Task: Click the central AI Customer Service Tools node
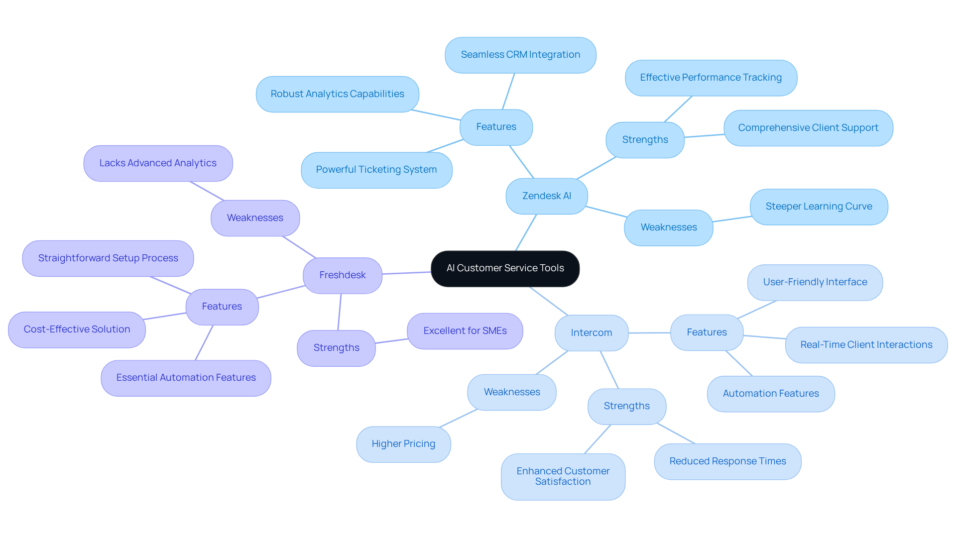click(505, 268)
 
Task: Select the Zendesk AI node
click(546, 196)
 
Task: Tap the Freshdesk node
click(342, 275)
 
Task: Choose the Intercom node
click(591, 332)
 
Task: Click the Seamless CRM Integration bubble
click(520, 55)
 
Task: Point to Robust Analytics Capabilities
click(337, 94)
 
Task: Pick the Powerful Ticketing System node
click(376, 170)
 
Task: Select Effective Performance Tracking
click(711, 78)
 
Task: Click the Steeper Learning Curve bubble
click(819, 207)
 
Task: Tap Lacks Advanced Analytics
click(158, 163)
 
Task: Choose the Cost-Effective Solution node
click(77, 329)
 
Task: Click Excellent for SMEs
click(465, 331)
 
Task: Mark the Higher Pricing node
click(403, 444)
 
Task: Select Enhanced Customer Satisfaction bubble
click(563, 476)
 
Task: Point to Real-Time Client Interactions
click(866, 345)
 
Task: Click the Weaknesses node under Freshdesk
click(255, 218)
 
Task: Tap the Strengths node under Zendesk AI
click(645, 140)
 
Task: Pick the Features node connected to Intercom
click(707, 332)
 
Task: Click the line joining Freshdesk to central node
click(406, 273)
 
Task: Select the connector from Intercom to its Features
click(649, 333)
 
